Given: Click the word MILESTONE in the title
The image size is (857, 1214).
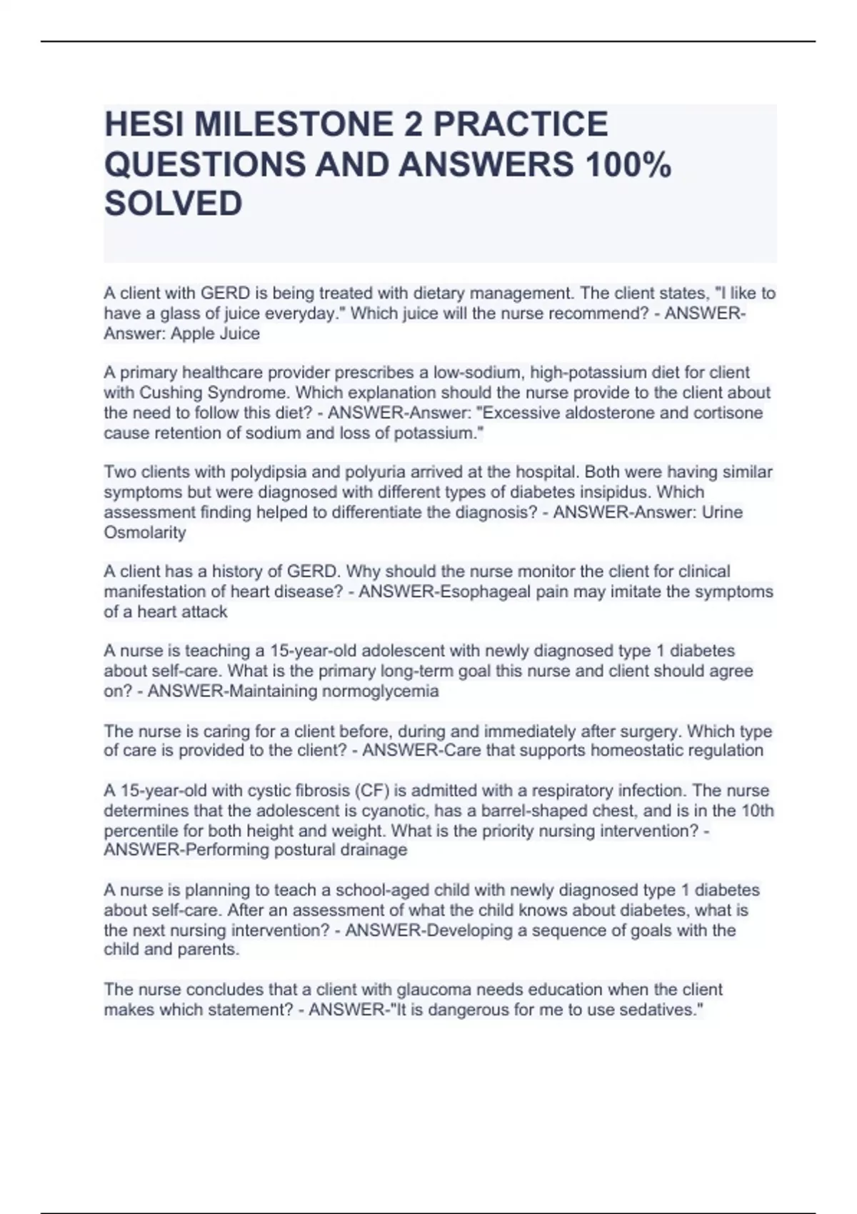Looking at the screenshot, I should click(292, 124).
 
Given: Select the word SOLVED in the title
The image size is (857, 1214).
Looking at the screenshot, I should click(174, 204).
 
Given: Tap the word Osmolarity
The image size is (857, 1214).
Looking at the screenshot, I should click(145, 532).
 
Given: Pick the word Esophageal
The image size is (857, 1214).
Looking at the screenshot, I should click(481, 591).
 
